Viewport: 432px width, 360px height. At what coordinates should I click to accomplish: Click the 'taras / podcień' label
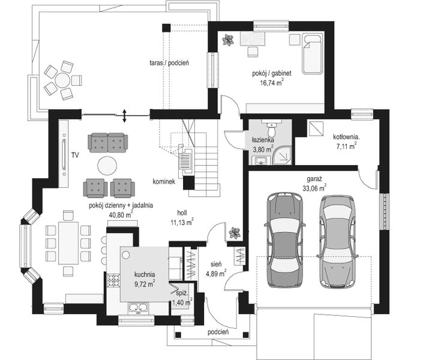coord(170,62)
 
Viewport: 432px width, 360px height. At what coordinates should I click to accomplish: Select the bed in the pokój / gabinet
coord(312,55)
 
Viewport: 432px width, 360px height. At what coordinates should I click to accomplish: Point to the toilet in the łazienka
coord(272,130)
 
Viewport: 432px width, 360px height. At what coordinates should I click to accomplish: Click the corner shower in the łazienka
coord(282,155)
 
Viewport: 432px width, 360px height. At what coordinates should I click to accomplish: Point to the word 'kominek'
coord(164,182)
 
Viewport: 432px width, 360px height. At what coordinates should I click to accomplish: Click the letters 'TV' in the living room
coord(75,154)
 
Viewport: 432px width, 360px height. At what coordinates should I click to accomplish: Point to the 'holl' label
coord(182,212)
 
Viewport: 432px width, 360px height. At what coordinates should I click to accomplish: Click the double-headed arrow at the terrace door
coord(124,115)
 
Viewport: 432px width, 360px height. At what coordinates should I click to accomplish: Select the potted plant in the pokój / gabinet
coord(228,40)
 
